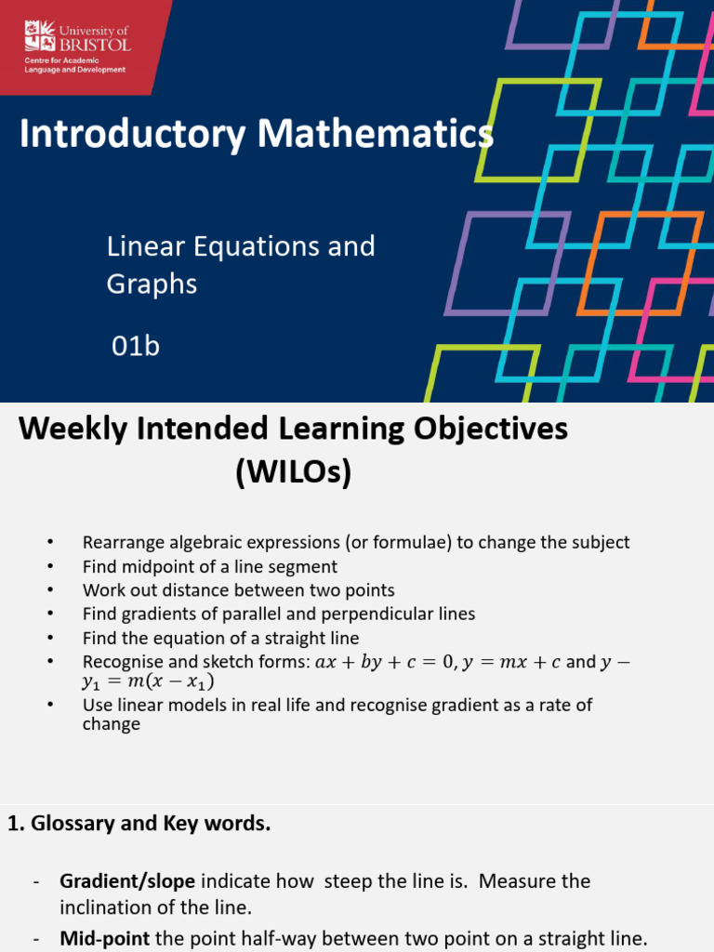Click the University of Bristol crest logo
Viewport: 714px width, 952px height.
coord(39,38)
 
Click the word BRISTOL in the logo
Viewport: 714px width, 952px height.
coord(95,44)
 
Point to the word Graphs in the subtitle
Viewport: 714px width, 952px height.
coord(152,284)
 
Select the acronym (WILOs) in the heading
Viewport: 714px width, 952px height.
coord(293,475)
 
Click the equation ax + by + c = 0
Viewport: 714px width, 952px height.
coord(386,662)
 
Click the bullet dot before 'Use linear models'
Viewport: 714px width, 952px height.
coord(50,706)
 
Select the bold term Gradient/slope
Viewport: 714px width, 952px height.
coord(127,880)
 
